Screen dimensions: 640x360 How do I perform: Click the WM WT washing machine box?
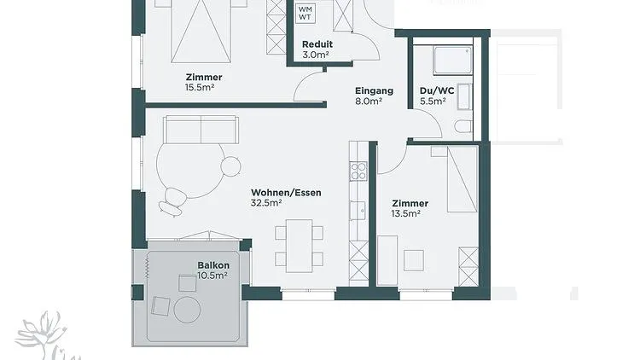[305, 13]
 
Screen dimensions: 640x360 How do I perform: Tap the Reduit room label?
[317, 44]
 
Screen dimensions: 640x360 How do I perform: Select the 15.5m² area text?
[200, 87]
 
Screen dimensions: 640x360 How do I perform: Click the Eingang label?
[374, 91]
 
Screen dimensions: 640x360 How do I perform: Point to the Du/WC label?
[437, 91]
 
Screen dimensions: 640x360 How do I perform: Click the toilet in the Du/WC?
[463, 126]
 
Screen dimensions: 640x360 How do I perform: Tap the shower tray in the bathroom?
[452, 61]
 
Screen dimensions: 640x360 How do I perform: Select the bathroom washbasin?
[464, 96]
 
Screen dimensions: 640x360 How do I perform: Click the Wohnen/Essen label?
[286, 192]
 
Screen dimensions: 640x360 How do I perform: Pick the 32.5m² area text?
[266, 203]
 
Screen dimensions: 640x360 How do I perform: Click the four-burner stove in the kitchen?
[358, 171]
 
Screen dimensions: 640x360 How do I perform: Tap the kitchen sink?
[358, 210]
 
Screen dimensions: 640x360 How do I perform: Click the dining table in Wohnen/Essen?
[300, 246]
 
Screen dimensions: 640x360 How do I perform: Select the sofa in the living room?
[201, 130]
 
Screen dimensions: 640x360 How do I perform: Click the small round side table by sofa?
[230, 166]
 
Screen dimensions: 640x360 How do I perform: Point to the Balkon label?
[213, 265]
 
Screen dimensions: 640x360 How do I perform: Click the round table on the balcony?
[188, 310]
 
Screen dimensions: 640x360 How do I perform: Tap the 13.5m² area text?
[406, 213]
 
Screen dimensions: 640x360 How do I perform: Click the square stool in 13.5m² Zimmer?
[414, 260]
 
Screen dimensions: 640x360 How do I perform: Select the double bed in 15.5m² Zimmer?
[201, 31]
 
